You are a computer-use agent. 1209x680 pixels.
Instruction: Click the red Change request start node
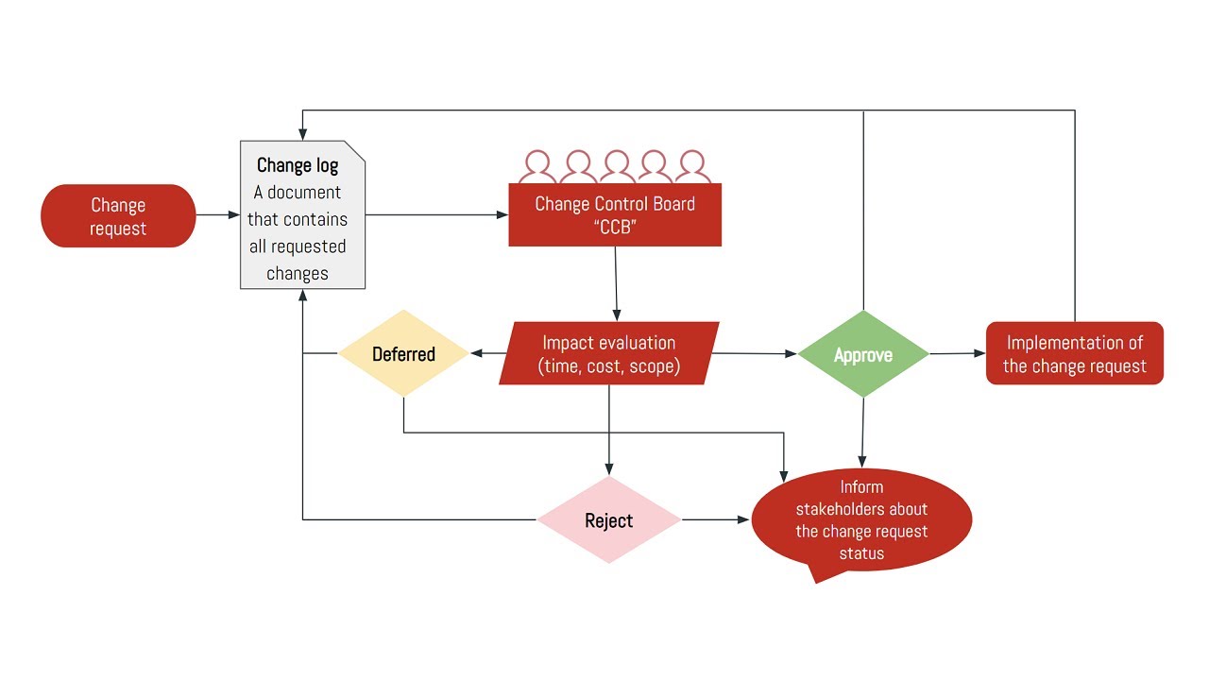click(118, 216)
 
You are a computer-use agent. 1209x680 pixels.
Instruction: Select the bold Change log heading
click(298, 166)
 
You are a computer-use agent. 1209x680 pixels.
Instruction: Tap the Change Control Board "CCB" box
click(615, 215)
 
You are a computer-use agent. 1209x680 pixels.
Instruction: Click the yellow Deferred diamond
click(403, 354)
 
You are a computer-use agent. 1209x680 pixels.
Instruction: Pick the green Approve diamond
click(863, 355)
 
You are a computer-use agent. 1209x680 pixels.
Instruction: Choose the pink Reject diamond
click(608, 520)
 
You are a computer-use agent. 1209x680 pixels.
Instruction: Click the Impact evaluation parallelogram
click(608, 354)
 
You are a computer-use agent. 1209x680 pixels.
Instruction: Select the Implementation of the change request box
click(1075, 354)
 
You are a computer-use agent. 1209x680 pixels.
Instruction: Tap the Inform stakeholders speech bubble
click(861, 520)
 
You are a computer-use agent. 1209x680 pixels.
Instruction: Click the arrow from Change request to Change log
click(218, 215)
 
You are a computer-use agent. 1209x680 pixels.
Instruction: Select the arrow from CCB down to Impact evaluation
click(616, 283)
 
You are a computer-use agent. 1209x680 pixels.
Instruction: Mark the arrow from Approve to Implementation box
click(958, 354)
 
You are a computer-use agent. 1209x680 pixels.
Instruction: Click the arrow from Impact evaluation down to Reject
click(608, 430)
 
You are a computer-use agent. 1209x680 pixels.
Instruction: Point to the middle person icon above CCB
click(616, 166)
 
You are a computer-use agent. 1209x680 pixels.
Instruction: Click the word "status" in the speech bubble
click(861, 553)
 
